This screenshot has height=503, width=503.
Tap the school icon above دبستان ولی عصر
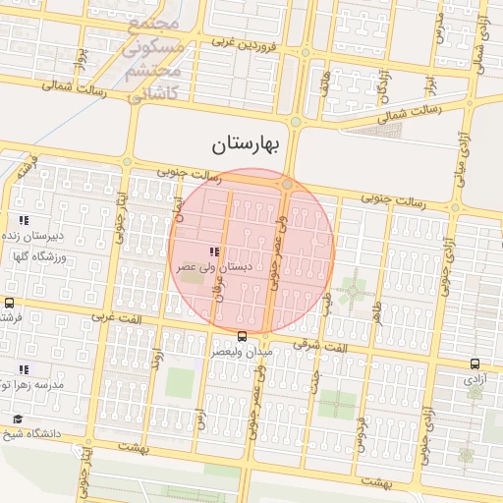[x=214, y=252]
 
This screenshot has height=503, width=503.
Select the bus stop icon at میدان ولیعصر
[x=243, y=336]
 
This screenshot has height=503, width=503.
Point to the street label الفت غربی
[x=115, y=317]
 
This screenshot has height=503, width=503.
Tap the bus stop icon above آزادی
[x=475, y=363]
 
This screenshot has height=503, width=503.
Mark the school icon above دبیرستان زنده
[x=23, y=220]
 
